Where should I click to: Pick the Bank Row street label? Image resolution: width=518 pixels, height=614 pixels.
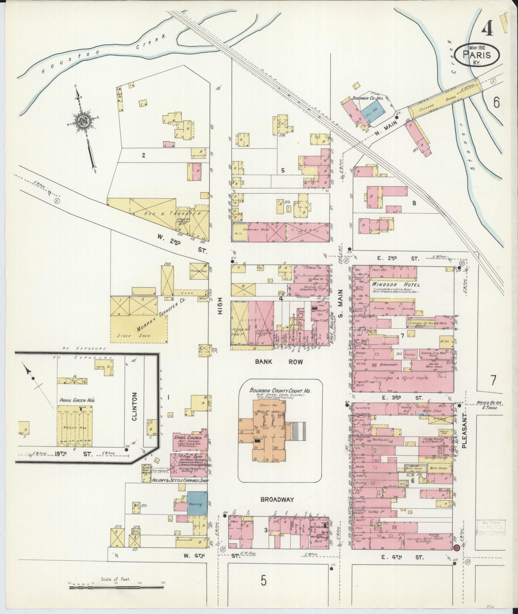coord(279,362)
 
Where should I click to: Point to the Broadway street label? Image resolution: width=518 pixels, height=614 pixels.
coord(277,508)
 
